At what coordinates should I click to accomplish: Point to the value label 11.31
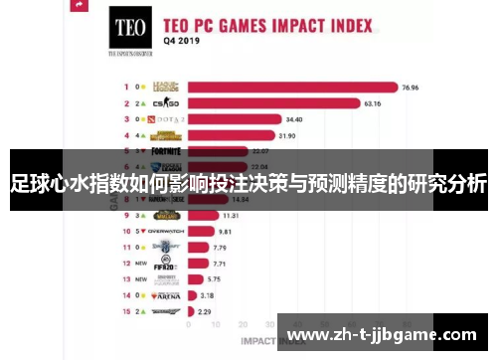tap(231, 215)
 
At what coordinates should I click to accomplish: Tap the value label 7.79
tap(222, 247)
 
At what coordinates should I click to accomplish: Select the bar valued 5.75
tap(196, 279)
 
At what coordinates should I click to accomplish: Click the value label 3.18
tap(207, 295)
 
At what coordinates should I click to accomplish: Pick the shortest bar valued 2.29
tap(190, 311)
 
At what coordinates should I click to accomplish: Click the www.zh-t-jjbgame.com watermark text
tap(387, 334)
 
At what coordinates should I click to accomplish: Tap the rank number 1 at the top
tap(125, 87)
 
